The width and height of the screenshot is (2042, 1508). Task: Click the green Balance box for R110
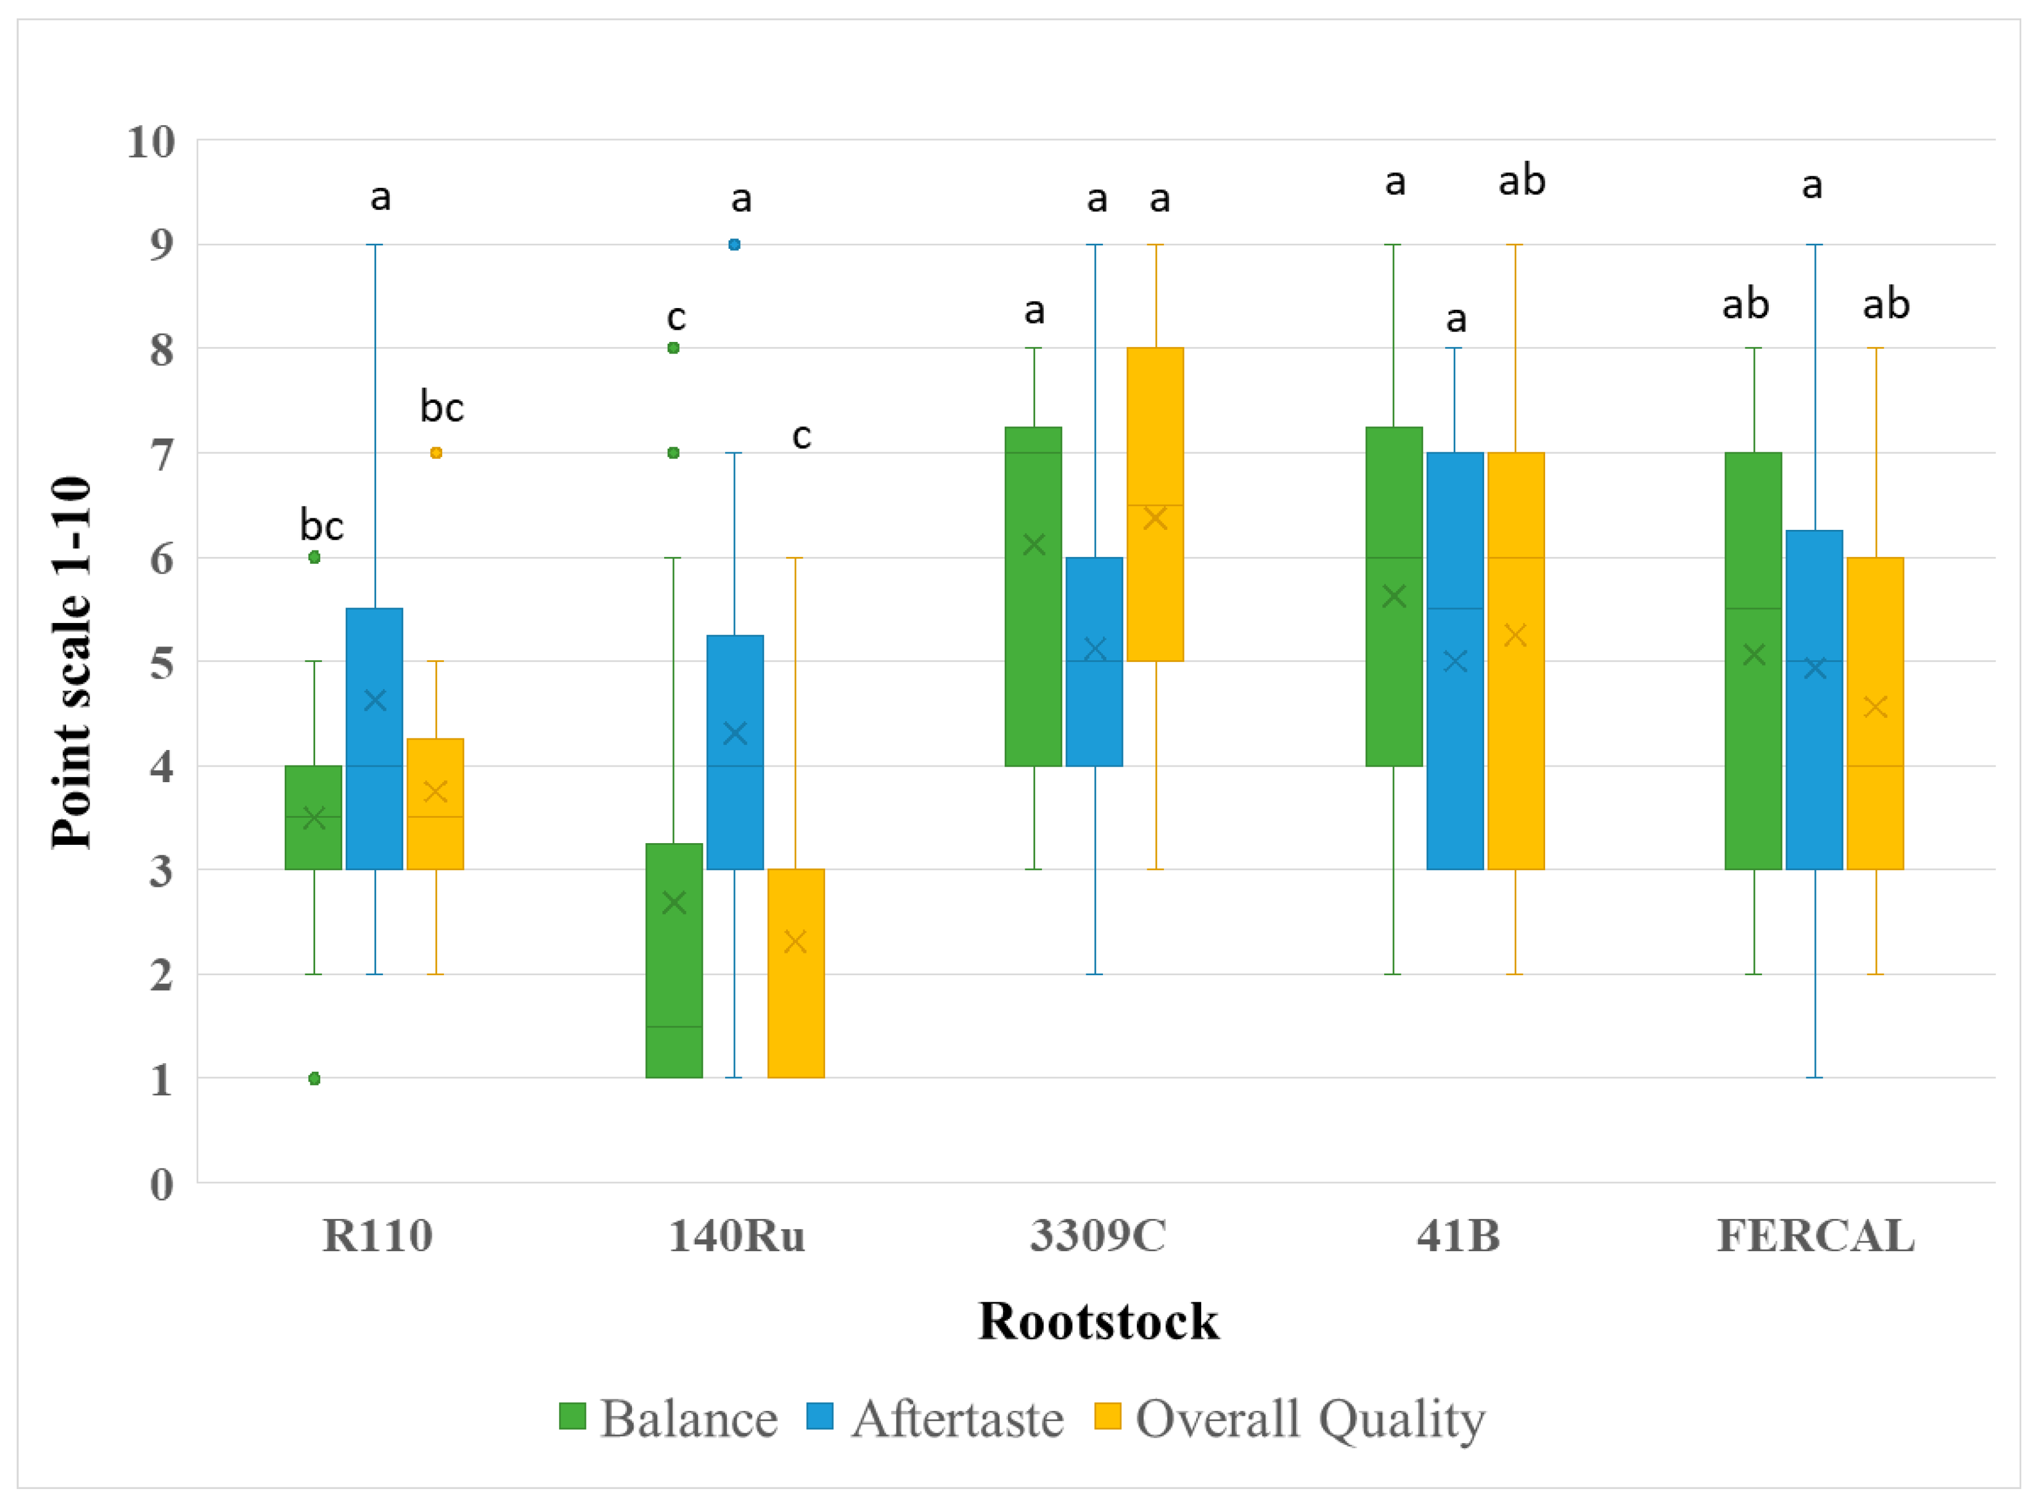click(313, 817)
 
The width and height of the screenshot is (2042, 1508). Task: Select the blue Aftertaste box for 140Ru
click(734, 752)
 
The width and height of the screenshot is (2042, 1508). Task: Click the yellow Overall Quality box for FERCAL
click(1874, 713)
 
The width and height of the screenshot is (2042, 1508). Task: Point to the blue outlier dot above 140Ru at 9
click(734, 245)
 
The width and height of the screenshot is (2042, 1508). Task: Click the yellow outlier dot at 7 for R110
click(436, 453)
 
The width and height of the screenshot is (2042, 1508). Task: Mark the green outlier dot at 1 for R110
click(314, 1079)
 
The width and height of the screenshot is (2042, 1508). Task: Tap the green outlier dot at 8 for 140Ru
click(674, 348)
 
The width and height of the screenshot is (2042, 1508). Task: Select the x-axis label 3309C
click(1098, 1236)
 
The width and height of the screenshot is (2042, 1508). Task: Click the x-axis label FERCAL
click(1815, 1236)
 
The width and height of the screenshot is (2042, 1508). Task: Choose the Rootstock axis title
click(1098, 1321)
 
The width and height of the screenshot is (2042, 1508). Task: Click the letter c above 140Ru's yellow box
click(801, 436)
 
